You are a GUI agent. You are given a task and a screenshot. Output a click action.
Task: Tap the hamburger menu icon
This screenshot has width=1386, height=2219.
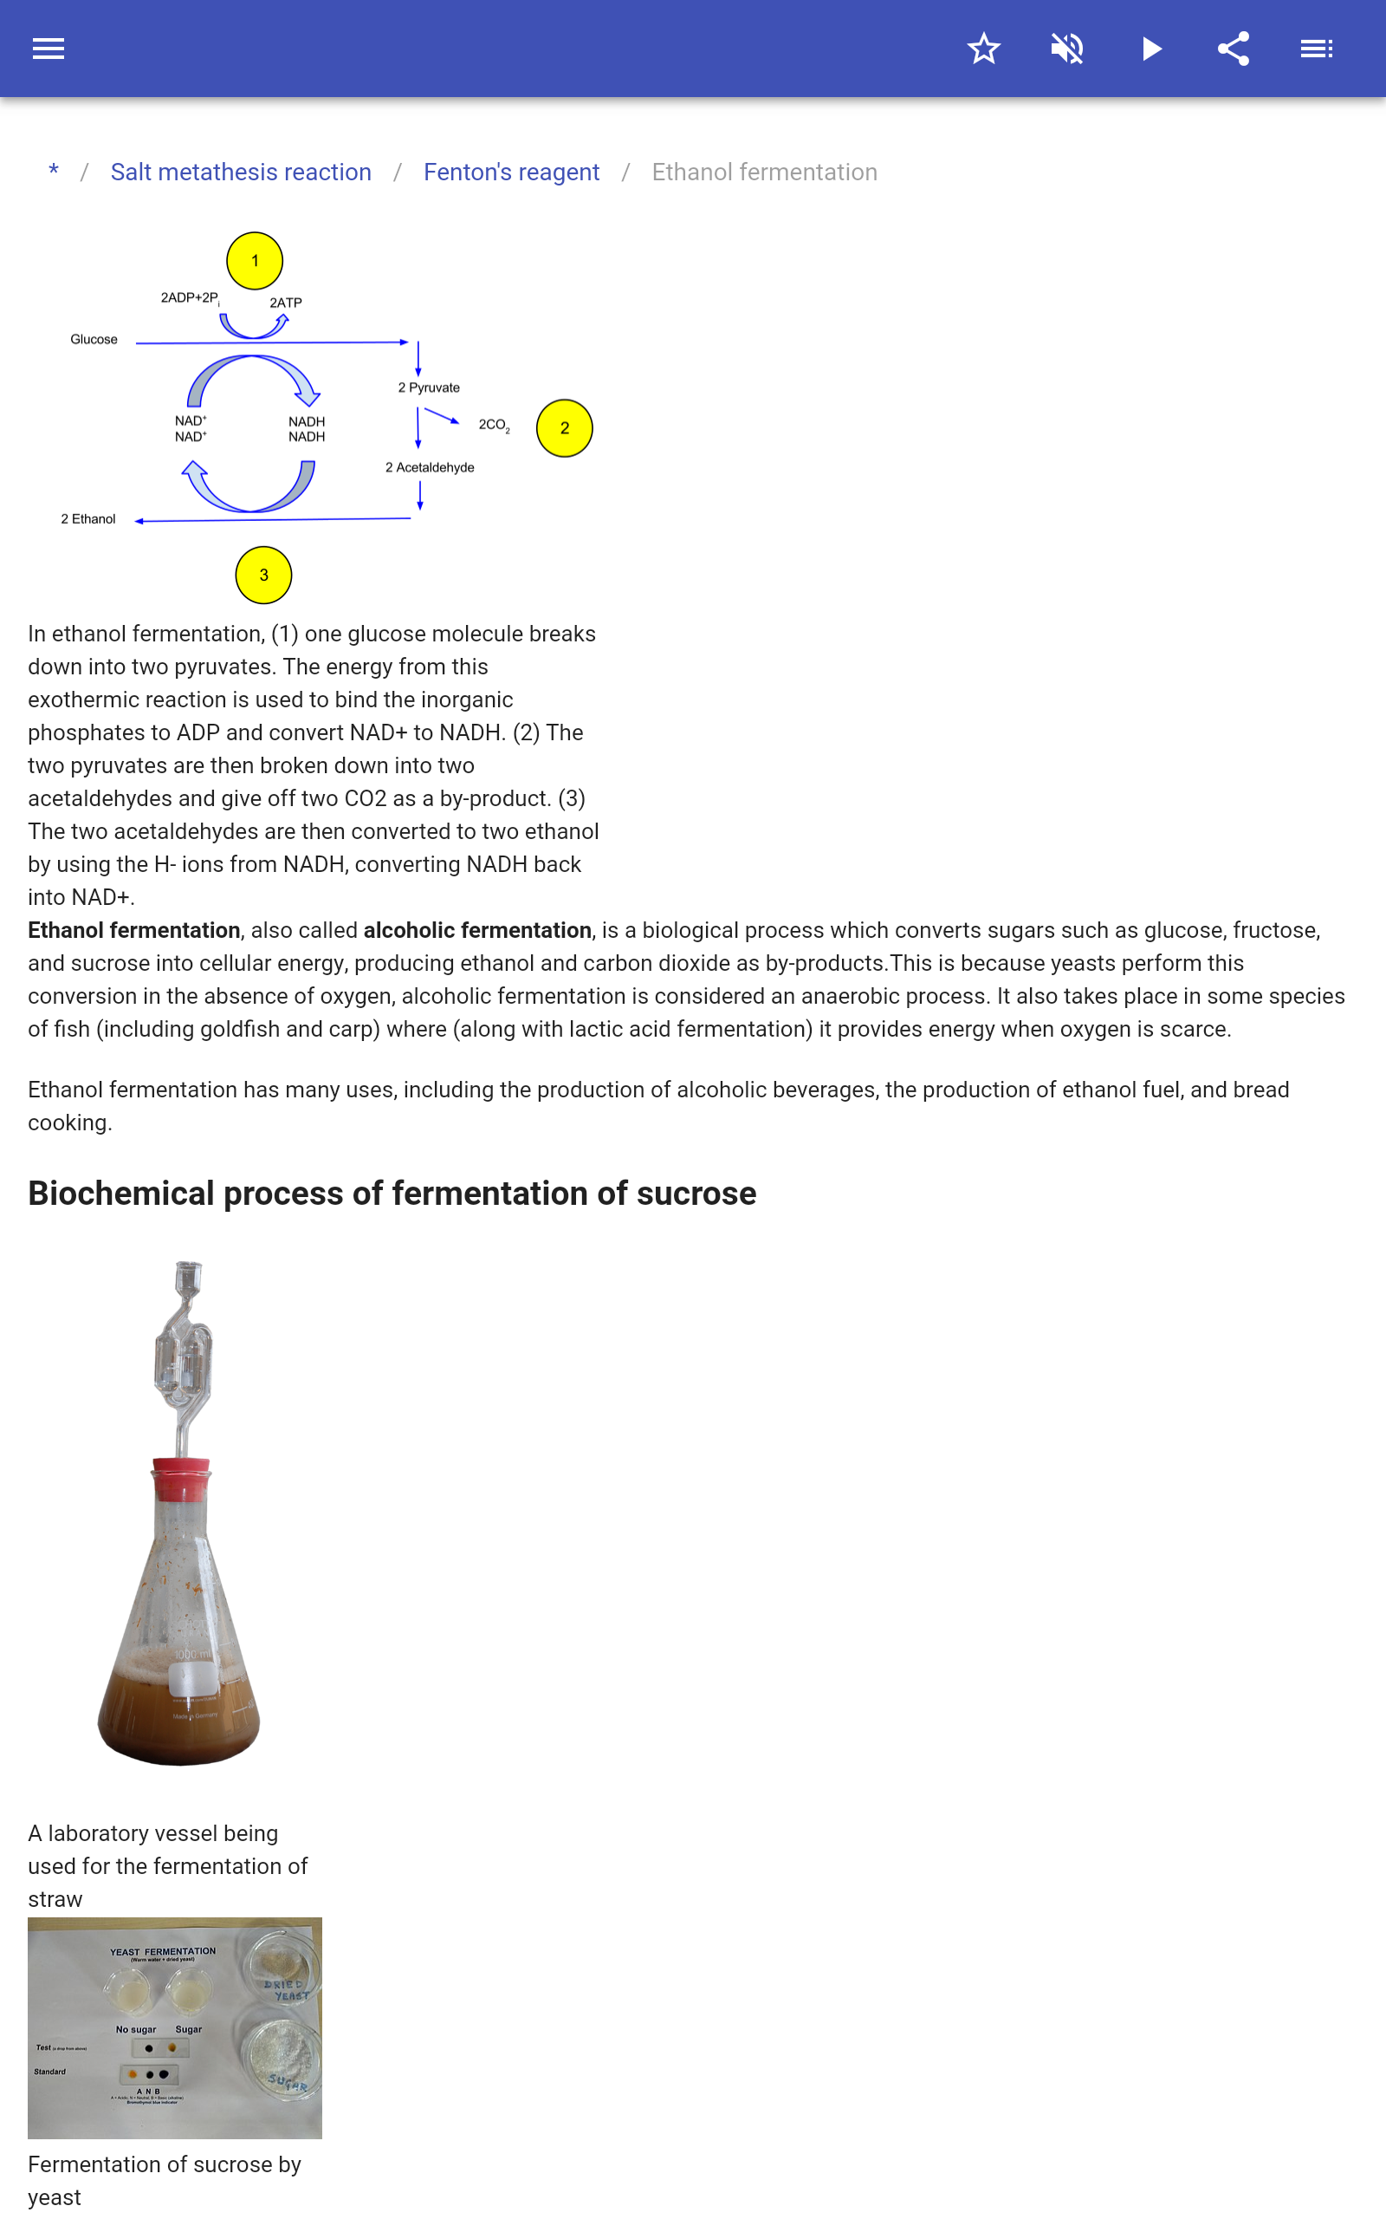tap(49, 49)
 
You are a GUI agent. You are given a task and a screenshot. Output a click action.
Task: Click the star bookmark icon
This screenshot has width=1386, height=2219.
tap(983, 49)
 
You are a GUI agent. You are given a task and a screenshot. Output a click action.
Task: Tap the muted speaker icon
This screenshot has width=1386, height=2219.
tap(1067, 49)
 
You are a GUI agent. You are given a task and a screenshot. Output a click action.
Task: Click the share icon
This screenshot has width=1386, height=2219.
tap(1234, 49)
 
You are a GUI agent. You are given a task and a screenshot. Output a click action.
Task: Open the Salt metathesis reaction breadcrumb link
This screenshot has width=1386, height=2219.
tap(240, 172)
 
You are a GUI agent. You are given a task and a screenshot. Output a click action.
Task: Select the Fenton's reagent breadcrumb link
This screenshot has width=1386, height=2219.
tap(510, 172)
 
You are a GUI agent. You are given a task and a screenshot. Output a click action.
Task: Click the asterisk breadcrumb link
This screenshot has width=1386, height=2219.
tap(53, 172)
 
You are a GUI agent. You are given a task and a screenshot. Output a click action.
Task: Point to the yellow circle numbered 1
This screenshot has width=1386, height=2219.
tap(255, 260)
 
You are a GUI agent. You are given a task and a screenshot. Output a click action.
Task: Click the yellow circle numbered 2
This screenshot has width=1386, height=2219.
tap(564, 428)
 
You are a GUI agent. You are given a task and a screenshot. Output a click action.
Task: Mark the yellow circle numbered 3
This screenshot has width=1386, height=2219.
tap(263, 575)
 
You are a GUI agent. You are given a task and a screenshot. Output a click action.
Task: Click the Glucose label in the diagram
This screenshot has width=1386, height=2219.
tap(94, 339)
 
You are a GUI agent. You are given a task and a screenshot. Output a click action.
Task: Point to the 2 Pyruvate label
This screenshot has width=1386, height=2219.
tap(428, 387)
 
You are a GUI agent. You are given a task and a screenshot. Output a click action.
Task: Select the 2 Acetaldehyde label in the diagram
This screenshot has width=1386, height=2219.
tap(429, 468)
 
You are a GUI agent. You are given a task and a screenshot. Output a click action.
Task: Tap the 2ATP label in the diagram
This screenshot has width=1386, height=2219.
tap(285, 303)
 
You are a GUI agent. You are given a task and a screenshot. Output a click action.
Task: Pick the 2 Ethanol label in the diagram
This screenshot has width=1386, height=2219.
tap(88, 519)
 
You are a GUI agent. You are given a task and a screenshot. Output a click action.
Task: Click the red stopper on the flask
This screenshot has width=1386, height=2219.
tap(182, 1476)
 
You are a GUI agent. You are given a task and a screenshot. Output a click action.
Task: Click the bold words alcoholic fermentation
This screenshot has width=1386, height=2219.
tap(476, 930)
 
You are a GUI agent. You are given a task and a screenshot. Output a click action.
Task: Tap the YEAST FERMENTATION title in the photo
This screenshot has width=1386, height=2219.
tap(163, 1952)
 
